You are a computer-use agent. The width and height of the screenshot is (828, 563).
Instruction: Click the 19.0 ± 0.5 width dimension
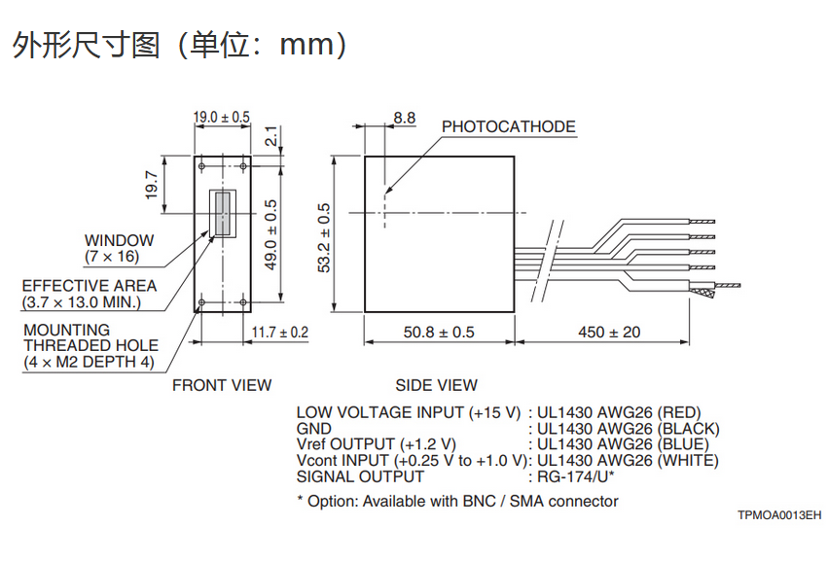[x=221, y=117]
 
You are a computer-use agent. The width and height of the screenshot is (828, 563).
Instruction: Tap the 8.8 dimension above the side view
[x=405, y=118]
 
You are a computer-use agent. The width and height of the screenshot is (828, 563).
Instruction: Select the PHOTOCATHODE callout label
[x=509, y=126]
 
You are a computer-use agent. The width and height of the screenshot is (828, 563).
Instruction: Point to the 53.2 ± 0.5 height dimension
[x=324, y=237]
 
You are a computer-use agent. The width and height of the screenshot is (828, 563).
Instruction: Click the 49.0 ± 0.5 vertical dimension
[x=270, y=234]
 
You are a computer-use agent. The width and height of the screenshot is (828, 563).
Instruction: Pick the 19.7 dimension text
[x=152, y=185]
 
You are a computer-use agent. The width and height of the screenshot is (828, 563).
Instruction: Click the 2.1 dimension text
[x=270, y=135]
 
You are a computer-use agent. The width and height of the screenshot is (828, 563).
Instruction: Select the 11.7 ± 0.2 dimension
[x=280, y=333]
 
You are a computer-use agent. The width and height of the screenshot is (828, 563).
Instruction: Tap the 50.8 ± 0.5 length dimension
[x=439, y=333]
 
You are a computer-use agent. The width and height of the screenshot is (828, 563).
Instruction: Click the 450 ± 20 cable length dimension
[x=609, y=333]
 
